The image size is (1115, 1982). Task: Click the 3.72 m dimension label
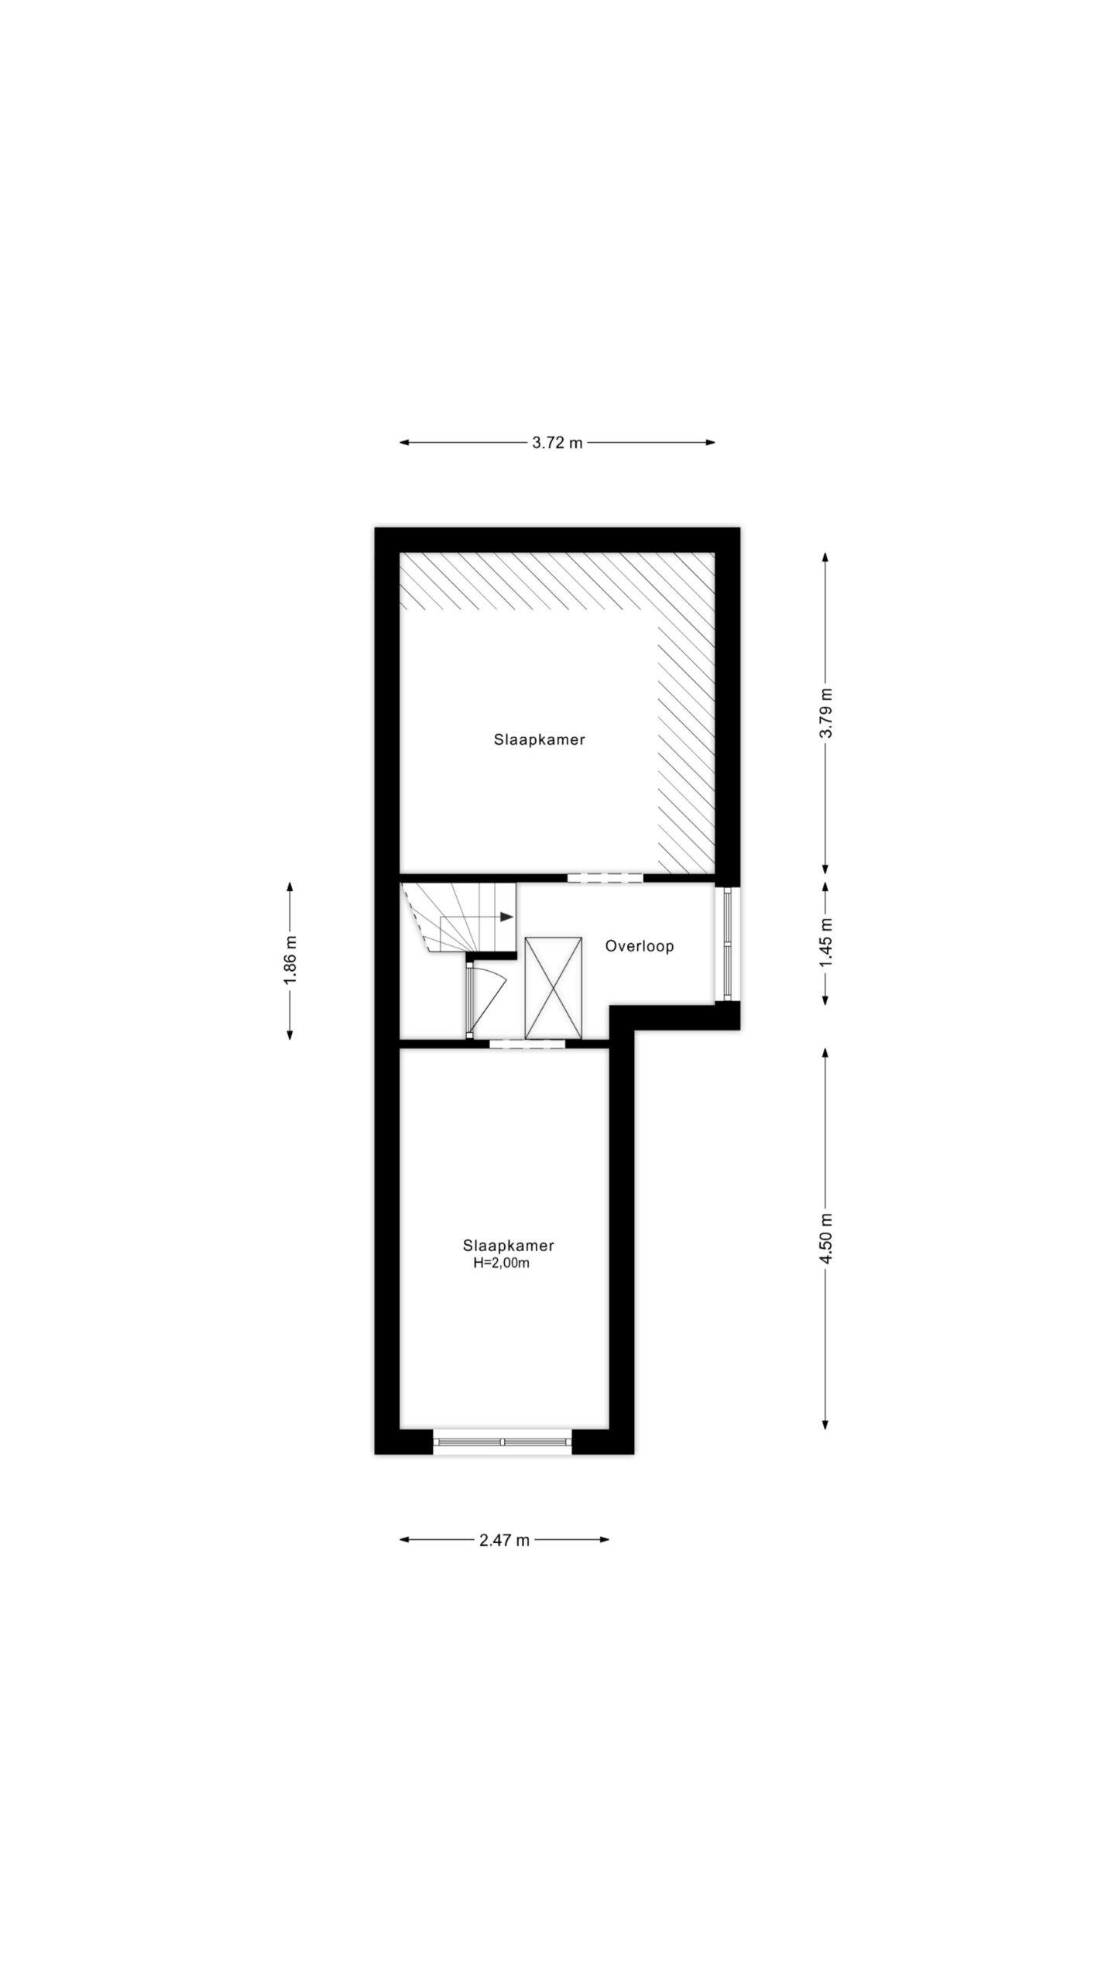pyautogui.click(x=557, y=444)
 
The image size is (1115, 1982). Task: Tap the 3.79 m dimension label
pyautogui.click(x=825, y=712)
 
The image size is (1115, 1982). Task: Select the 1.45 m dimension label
pyautogui.click(x=825, y=941)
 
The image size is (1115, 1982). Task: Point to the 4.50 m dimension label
pyautogui.click(x=825, y=1239)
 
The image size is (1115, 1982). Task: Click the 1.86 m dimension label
pyautogui.click(x=290, y=960)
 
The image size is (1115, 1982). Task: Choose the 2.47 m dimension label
pyautogui.click(x=504, y=1540)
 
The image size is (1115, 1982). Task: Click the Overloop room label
pyautogui.click(x=640, y=946)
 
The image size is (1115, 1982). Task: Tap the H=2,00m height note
pyautogui.click(x=502, y=1264)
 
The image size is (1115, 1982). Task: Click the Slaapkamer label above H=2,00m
pyautogui.click(x=509, y=1246)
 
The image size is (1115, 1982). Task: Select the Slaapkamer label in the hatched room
pyautogui.click(x=540, y=739)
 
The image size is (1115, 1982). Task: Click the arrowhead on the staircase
pyautogui.click(x=507, y=917)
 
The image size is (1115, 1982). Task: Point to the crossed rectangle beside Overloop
pyautogui.click(x=553, y=987)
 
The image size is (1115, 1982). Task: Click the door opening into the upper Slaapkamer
pyautogui.click(x=605, y=878)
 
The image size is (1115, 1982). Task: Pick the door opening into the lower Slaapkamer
pyautogui.click(x=527, y=1044)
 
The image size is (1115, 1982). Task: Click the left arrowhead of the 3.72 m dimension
pyautogui.click(x=404, y=443)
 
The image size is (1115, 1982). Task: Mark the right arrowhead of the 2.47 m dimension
pyautogui.click(x=604, y=1539)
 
